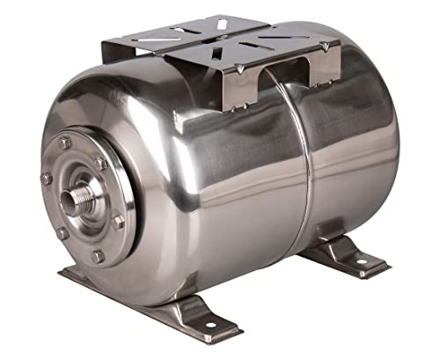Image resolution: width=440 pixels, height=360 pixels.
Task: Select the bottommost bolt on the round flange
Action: pos(98,256)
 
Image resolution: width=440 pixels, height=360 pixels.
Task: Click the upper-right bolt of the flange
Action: pos(102,164)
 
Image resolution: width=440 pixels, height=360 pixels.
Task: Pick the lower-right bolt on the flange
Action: pos(118,221)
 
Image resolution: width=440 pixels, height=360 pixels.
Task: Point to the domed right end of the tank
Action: pos(370,150)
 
